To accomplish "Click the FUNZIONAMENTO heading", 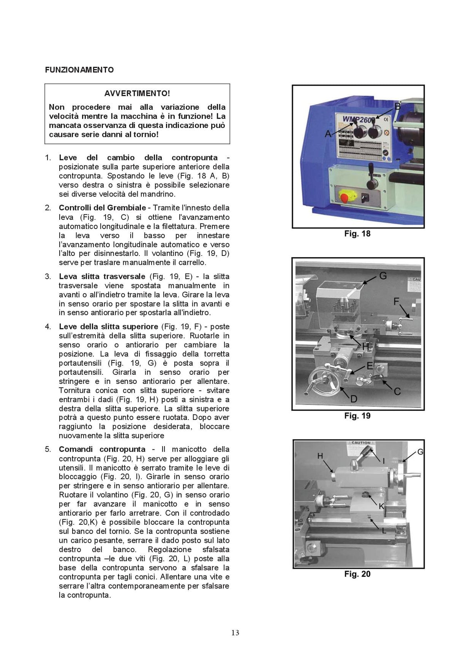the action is pos(79,70).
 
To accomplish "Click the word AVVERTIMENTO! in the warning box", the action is pos(137,93).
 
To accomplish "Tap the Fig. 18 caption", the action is pos(358,234).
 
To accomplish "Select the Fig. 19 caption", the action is pos(358,416).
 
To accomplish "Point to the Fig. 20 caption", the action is pos(358,574).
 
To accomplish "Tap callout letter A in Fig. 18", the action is pos(328,134).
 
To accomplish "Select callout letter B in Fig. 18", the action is pos(398,106).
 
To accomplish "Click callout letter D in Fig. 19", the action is pos(354,399).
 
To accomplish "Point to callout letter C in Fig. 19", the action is pos(397,392).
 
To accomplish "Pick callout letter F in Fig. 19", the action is pos(396,301).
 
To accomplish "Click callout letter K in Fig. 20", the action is pos(382,506).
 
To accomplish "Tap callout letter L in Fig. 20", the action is pos(384,531).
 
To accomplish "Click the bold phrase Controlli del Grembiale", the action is pos(102,208).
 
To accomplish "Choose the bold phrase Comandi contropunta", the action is pos(102,449).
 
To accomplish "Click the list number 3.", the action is pos(48,277).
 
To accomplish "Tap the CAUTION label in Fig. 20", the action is pos(361,443).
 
